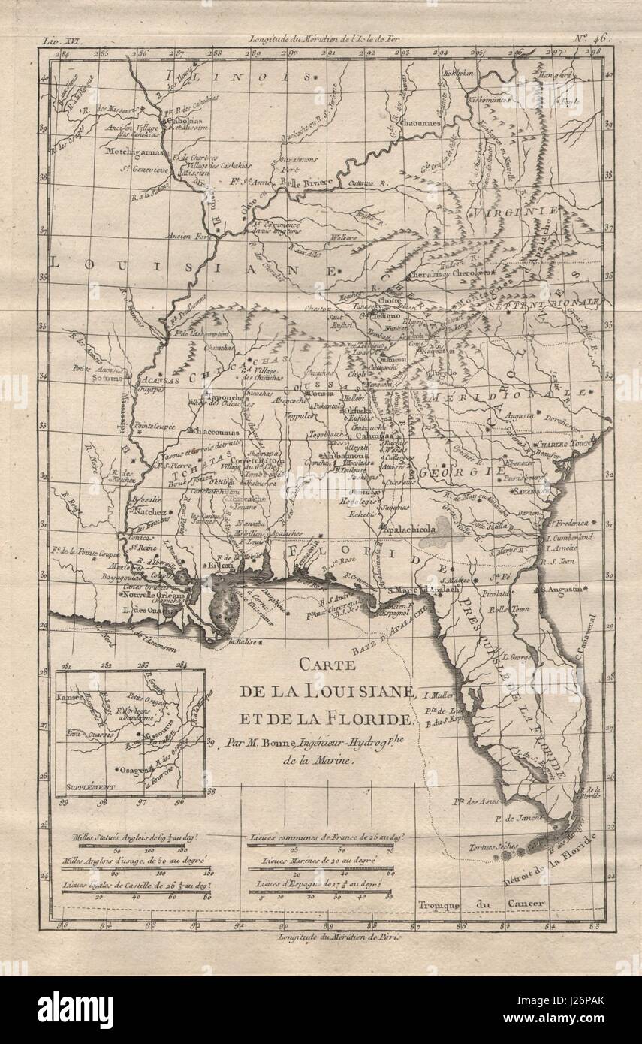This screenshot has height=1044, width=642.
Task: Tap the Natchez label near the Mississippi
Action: click(x=149, y=512)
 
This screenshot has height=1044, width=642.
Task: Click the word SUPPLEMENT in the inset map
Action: click(x=89, y=787)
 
